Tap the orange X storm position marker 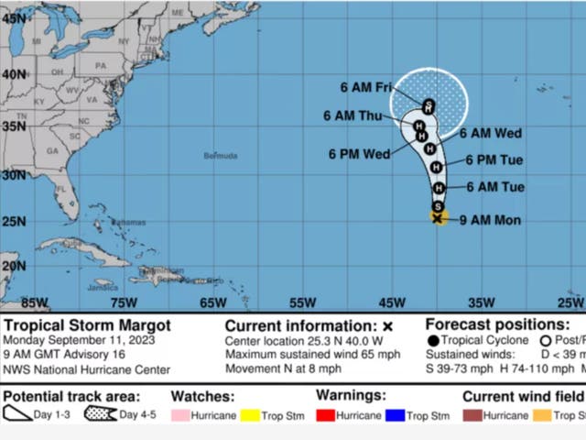(x=438, y=217)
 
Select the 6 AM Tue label (x=494, y=187)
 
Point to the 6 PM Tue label (x=494, y=160)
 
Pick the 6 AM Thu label (x=353, y=115)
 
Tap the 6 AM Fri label (x=366, y=88)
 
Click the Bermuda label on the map (x=221, y=156)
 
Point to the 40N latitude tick (x=14, y=73)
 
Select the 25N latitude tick (x=14, y=220)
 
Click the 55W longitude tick (x=301, y=302)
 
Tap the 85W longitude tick (x=34, y=302)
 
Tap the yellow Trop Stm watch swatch (x=251, y=415)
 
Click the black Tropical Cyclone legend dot (x=433, y=341)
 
